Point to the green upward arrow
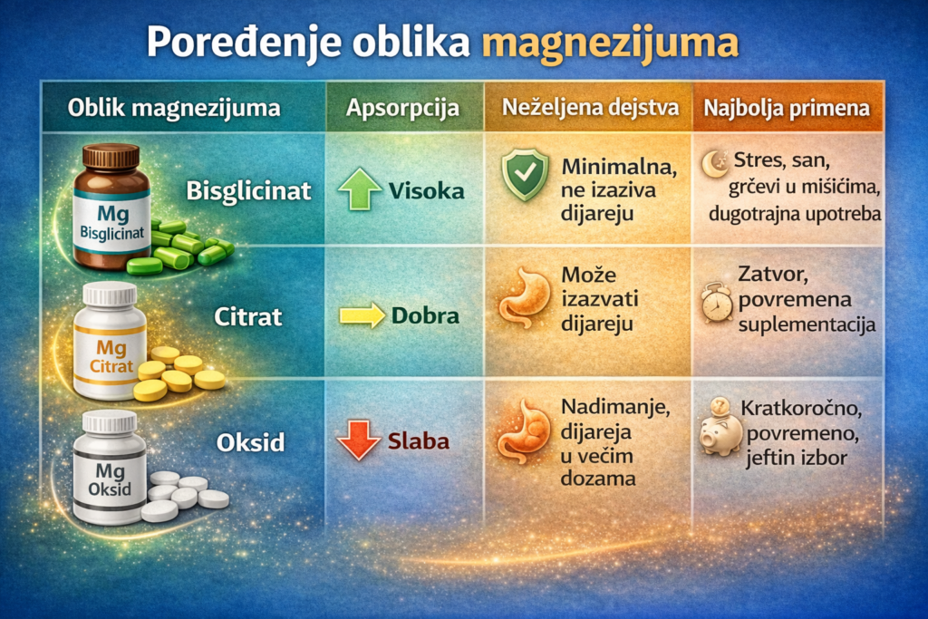[x=359, y=190]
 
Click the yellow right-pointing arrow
[x=361, y=316]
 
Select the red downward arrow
[x=359, y=441]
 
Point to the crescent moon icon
[x=713, y=163]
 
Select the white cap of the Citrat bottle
[x=109, y=294]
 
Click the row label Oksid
[x=251, y=442]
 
